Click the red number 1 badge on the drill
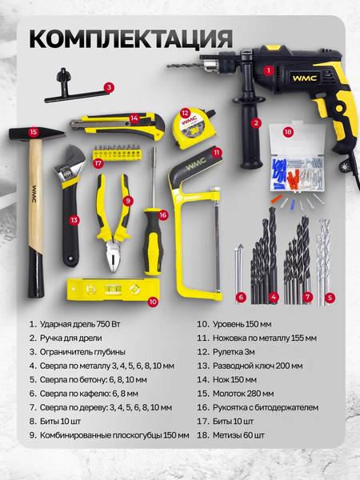pos(269,70)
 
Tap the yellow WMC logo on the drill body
pos(304,78)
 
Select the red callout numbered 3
pos(109,87)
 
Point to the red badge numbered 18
pos(288,132)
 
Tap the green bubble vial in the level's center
pos(113,289)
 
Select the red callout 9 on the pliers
pos(128,201)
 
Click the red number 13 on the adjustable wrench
pos(74,220)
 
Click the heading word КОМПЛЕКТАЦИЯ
pos(131,38)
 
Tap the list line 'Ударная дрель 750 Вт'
pos(80,324)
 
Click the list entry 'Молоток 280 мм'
pos(243,394)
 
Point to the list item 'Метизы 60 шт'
pos(238,435)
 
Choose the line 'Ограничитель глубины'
pos(82,352)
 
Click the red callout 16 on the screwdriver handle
pos(163,215)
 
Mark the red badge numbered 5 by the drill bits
pos(330,298)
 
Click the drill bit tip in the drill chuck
pos(168,66)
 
